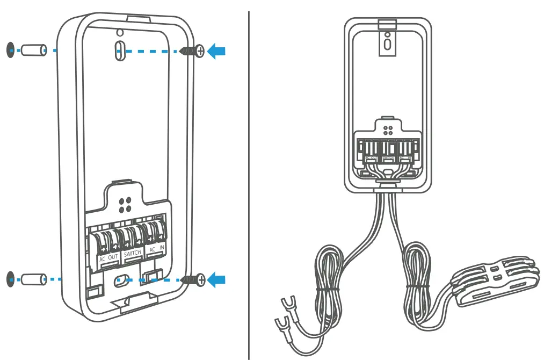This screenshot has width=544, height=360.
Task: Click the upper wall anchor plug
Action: (x=33, y=50)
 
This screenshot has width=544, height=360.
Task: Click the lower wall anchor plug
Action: (x=33, y=279)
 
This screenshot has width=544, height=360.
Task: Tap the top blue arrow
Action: (x=216, y=52)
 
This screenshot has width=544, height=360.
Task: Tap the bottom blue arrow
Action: (x=216, y=279)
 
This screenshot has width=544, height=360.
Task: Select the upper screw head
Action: (x=200, y=52)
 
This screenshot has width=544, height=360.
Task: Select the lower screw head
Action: (x=200, y=279)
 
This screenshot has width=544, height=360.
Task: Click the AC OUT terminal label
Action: (x=108, y=258)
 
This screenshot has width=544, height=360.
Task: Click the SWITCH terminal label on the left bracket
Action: (x=132, y=254)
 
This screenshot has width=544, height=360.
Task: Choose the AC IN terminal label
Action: (x=156, y=250)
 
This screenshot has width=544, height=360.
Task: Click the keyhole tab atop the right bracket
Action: (x=387, y=41)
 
